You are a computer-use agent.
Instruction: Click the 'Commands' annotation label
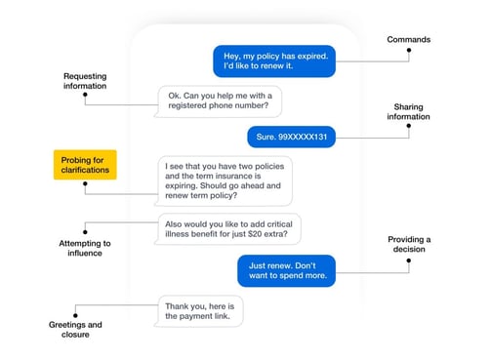tap(408, 40)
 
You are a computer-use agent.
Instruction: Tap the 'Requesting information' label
tap(85, 80)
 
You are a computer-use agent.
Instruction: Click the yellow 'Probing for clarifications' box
tap(85, 165)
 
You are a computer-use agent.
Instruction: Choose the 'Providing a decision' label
tap(409, 245)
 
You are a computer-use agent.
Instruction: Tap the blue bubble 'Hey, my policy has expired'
tap(274, 60)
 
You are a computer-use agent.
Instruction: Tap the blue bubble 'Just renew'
tap(285, 270)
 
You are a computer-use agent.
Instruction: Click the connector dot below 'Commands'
tap(408, 60)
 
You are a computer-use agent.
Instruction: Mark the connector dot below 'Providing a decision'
tap(408, 272)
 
